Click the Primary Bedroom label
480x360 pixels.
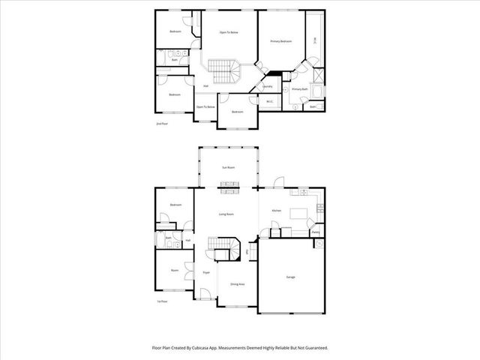tap(280, 41)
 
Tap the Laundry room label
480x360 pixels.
tap(268, 87)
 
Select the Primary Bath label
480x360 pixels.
tap(300, 89)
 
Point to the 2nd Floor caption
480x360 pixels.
tap(160, 123)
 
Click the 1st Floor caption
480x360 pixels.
tap(161, 301)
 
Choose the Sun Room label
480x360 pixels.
tap(228, 167)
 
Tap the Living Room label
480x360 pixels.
tap(226, 214)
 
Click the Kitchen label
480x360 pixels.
tap(276, 211)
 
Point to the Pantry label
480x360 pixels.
tap(316, 232)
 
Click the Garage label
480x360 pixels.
tap(290, 277)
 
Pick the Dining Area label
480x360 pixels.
tap(237, 284)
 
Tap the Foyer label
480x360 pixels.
tap(205, 272)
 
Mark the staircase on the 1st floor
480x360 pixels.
tap(223, 247)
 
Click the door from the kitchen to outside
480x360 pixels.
tap(279, 183)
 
